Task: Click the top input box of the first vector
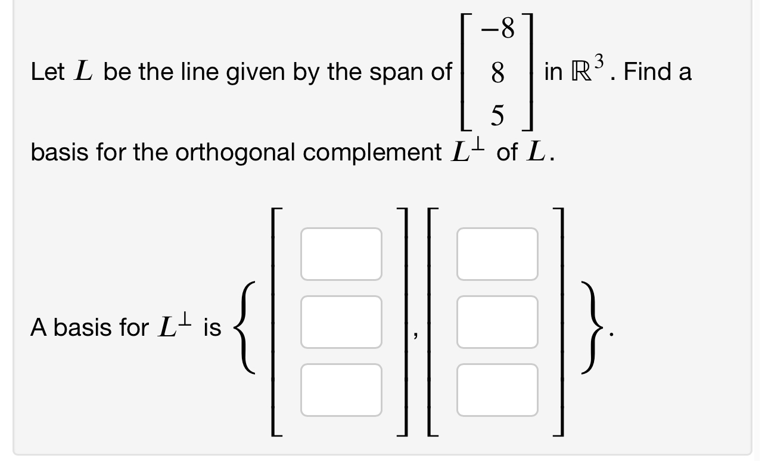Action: [341, 254]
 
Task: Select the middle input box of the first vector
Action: [341, 322]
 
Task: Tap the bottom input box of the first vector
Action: [341, 390]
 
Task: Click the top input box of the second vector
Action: [497, 254]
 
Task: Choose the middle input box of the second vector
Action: [497, 322]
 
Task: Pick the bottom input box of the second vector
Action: [497, 390]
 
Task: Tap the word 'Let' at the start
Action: [47, 72]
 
